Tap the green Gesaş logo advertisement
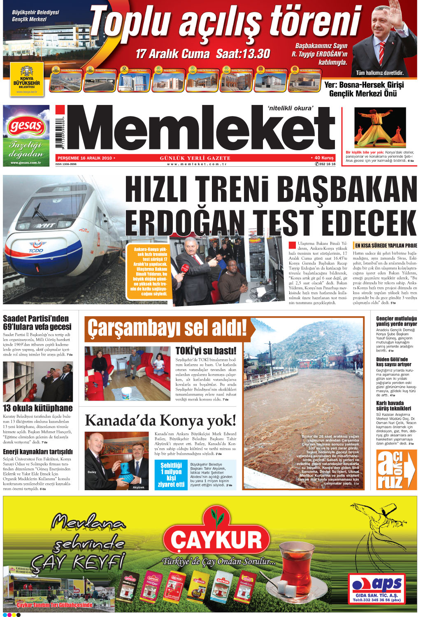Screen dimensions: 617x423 coord(26,135)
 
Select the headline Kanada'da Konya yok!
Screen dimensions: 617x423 coord(160,421)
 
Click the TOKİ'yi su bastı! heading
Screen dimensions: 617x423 coord(206,351)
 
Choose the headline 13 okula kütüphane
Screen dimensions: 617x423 coord(38,408)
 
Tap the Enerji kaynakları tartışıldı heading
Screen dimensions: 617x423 coord(38,452)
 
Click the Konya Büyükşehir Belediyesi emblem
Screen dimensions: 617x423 coord(27,80)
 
